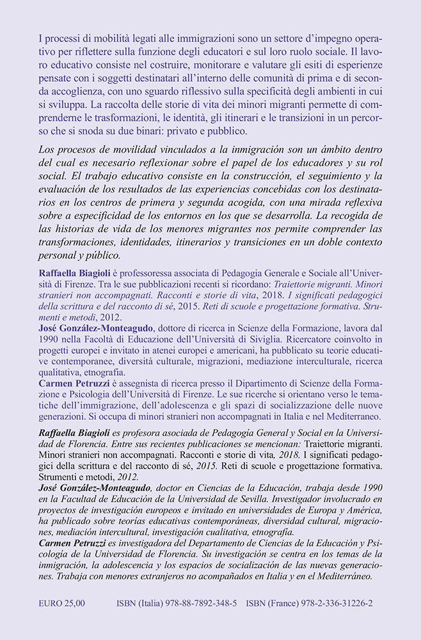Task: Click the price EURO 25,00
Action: pos(61,603)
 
